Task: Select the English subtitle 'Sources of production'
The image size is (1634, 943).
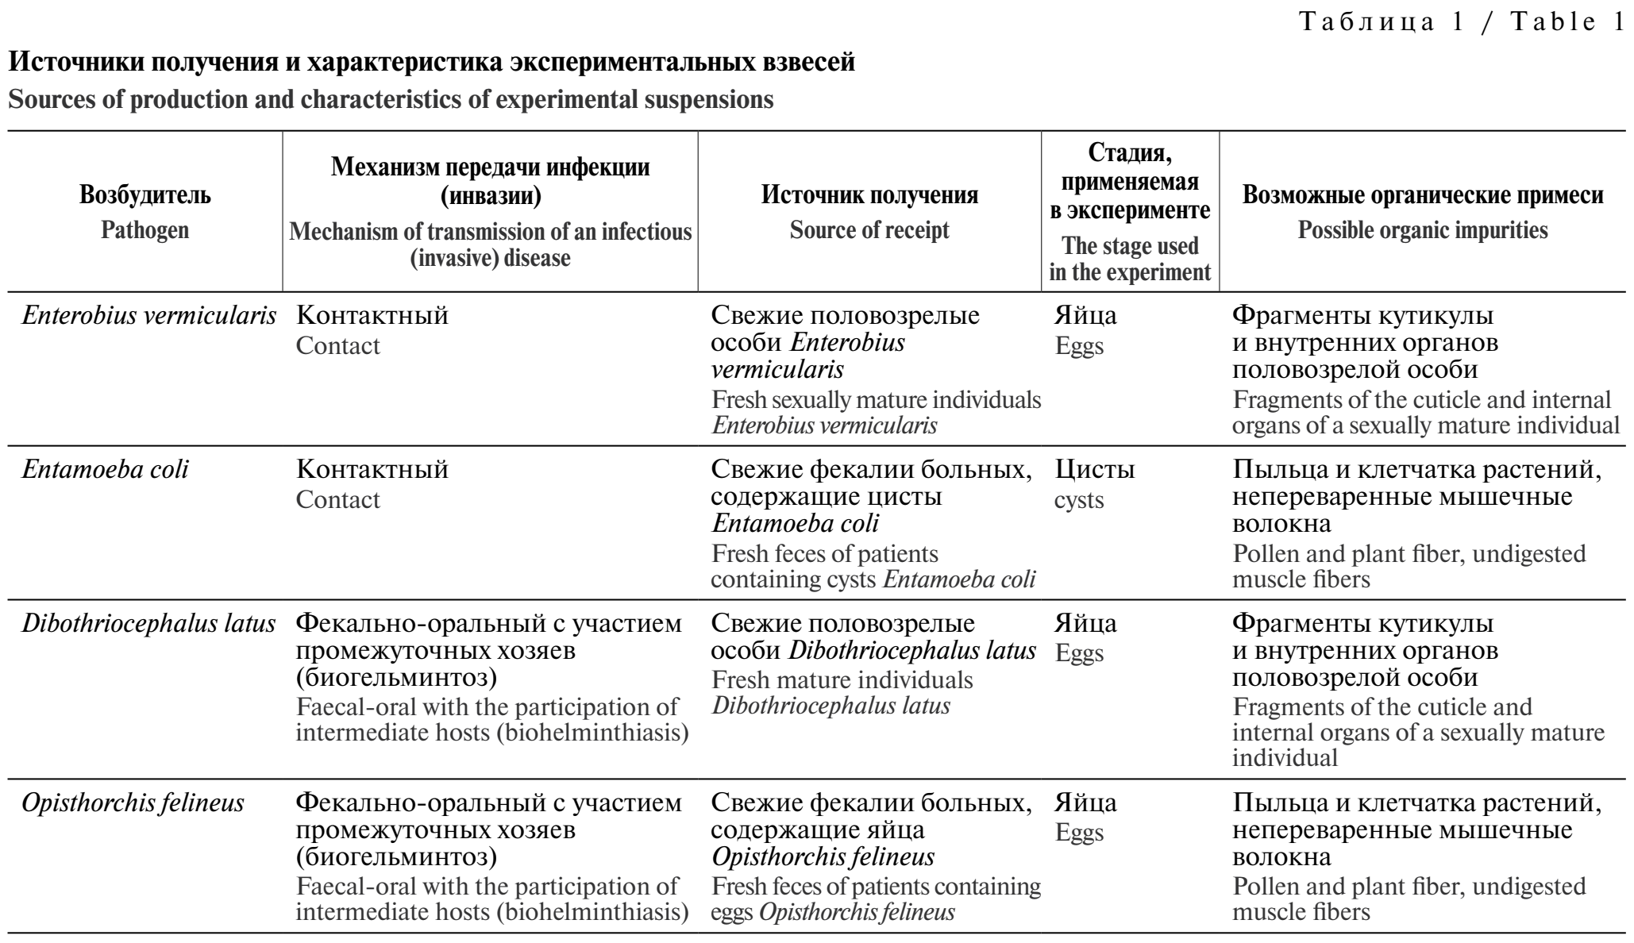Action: tap(391, 101)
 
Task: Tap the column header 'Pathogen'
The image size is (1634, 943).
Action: tap(145, 230)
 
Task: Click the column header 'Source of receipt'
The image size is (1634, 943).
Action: tap(869, 230)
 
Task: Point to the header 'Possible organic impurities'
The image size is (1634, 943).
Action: tap(1422, 230)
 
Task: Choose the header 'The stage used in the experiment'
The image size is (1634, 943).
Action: tap(1130, 259)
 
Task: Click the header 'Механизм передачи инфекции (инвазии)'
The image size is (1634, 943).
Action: tap(490, 181)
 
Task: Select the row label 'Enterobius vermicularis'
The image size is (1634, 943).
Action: tap(148, 316)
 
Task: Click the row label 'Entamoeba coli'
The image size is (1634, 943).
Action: tap(105, 470)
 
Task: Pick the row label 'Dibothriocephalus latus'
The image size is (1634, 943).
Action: tap(148, 624)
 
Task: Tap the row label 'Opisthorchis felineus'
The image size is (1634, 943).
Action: tap(133, 803)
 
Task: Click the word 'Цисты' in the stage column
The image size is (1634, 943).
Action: tap(1095, 470)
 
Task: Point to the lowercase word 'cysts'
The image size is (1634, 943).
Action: tap(1079, 501)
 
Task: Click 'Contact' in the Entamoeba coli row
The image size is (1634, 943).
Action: tap(337, 500)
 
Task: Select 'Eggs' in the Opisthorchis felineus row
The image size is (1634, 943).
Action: tap(1080, 833)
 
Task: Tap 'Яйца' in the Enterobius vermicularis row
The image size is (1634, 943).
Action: tap(1085, 316)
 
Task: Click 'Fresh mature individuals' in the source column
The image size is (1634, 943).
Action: tap(842, 680)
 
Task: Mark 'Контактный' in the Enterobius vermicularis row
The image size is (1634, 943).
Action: tap(372, 316)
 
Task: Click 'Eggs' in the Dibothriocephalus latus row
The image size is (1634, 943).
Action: tap(1080, 654)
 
